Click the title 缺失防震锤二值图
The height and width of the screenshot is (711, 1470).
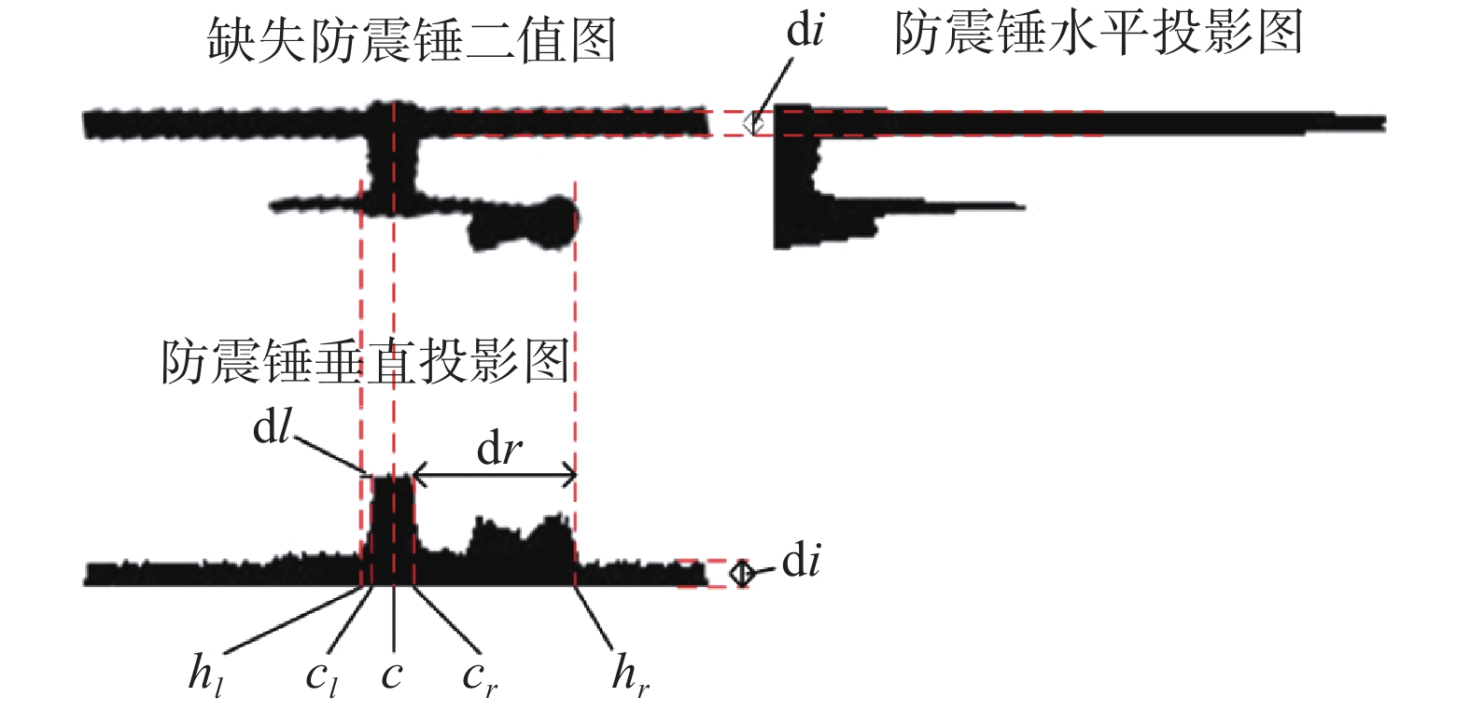(412, 41)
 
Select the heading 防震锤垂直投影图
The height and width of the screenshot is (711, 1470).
(365, 361)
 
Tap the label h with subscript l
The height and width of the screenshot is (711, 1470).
(205, 675)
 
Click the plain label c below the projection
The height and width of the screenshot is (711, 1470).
(392, 675)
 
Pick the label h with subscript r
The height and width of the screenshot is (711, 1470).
(629, 675)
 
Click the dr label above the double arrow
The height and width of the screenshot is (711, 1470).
(499, 450)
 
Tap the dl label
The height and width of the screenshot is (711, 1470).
(273, 427)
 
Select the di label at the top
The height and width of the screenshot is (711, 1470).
(805, 31)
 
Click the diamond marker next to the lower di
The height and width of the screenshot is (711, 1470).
(741, 573)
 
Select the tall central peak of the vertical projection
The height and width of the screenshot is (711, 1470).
(392, 523)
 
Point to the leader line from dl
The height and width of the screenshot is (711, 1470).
(329, 455)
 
